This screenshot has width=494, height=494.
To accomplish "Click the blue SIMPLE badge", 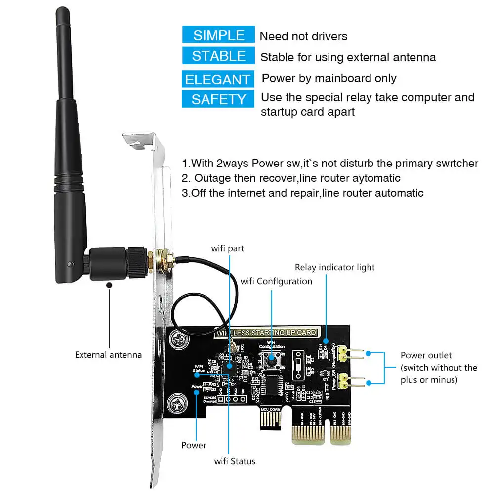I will coord(219,35).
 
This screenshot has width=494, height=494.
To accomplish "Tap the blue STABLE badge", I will coord(219,56).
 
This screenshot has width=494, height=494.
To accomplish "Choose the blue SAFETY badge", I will coord(219,99).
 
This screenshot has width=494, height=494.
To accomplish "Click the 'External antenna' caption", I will coord(108,355).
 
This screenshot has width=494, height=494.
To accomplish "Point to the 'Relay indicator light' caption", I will coord(335,267).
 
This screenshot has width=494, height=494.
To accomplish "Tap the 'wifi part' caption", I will coord(228,248).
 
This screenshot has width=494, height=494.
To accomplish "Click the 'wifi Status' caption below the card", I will coord(235,461).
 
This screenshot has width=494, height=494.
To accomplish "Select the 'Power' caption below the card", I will coord(194,445).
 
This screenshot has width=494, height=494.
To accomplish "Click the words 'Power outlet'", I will coord(426,355).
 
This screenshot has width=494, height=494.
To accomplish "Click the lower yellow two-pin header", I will coord(355,381).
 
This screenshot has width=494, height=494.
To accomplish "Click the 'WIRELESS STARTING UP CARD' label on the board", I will coord(265,333).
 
